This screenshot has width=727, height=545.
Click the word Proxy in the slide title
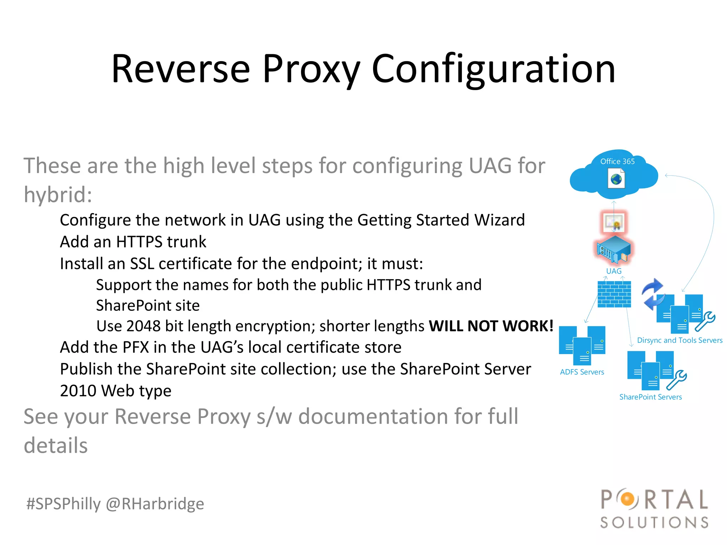coord(311,69)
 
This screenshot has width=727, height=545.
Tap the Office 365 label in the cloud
coord(617,161)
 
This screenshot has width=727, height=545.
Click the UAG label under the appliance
coord(614,271)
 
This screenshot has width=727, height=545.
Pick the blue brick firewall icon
coord(614,294)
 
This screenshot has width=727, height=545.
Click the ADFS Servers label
coord(582,372)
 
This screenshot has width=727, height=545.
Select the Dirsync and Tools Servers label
coord(679,340)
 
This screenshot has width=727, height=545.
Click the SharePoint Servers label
coord(650,397)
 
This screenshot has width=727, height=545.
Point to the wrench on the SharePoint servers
coord(677,380)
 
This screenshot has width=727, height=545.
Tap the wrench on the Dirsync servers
coord(705,321)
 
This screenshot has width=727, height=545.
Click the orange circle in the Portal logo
coord(628,499)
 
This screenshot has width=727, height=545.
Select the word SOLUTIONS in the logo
coord(654,522)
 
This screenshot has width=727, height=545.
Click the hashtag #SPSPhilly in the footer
coord(64,504)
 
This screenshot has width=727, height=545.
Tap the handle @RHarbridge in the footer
coord(155,504)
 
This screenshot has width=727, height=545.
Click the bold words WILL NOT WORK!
coord(491,326)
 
